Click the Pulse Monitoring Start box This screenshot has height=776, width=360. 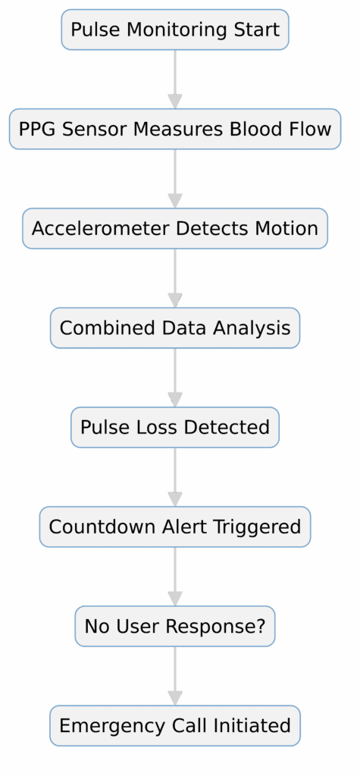[175, 30]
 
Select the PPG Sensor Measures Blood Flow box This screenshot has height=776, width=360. [175, 130]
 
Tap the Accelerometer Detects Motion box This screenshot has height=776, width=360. [175, 229]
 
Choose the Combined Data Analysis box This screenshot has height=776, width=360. [175, 328]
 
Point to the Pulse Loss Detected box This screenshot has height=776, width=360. [175, 427]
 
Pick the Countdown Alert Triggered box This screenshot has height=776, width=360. [175, 527]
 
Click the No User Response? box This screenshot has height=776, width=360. [175, 627]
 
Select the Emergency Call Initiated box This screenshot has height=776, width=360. [175, 726]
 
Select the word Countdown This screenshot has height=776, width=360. [92, 527]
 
